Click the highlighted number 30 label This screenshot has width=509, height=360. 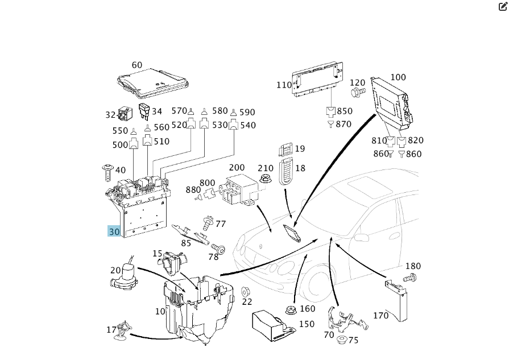(x=114, y=231)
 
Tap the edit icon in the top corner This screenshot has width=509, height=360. (x=502, y=7)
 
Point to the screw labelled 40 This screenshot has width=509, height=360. (x=106, y=169)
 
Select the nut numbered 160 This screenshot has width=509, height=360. (x=291, y=311)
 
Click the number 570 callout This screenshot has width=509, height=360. (x=179, y=111)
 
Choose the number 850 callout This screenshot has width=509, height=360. (x=344, y=111)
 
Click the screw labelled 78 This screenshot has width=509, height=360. (x=219, y=249)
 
